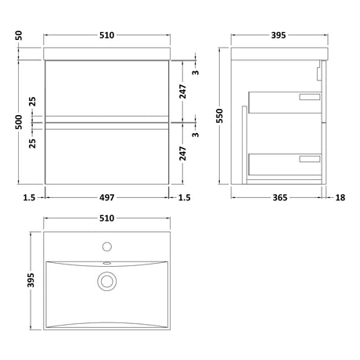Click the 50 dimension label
pyautogui.click(x=19, y=35)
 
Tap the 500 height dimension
pyautogui.click(x=19, y=122)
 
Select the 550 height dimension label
pyautogui.click(x=220, y=116)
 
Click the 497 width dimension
pyautogui.click(x=107, y=197)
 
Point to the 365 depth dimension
pyautogui.click(x=280, y=197)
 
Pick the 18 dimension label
pyautogui.click(x=340, y=197)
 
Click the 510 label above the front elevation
pyautogui.click(x=107, y=35)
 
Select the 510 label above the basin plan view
pyautogui.click(x=107, y=218)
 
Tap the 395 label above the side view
pyautogui.click(x=279, y=35)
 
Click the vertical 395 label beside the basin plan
pyautogui.click(x=31, y=280)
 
